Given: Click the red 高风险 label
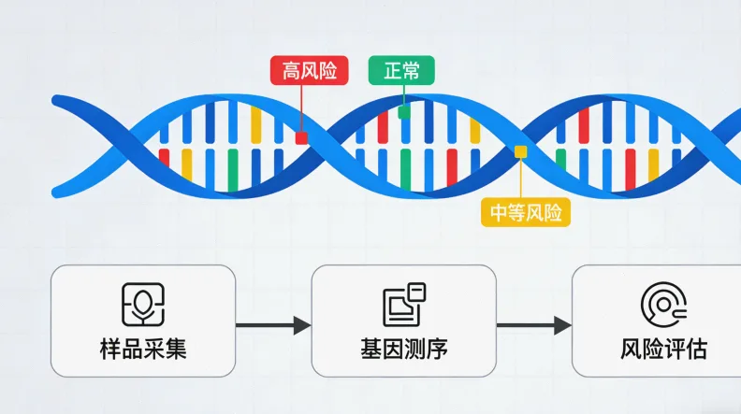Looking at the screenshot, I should point(309,71).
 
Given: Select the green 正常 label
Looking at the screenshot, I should point(401,71).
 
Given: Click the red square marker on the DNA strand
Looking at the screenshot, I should point(301,137).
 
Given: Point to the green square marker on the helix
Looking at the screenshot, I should point(404,112).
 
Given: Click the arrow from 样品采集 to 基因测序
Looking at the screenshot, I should point(273,325).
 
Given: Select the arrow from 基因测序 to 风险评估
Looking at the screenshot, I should point(534,325).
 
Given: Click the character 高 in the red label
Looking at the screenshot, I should point(290,71).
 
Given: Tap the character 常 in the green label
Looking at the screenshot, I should point(411,71).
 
